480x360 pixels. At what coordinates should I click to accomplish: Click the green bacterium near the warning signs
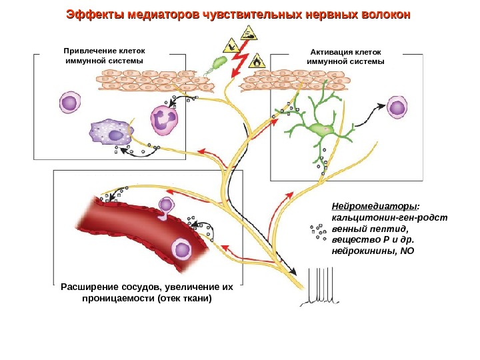pos(219,63)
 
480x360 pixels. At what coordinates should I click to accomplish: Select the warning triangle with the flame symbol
pos(257,61)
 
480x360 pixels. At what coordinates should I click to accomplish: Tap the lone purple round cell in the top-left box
pos(69,103)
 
